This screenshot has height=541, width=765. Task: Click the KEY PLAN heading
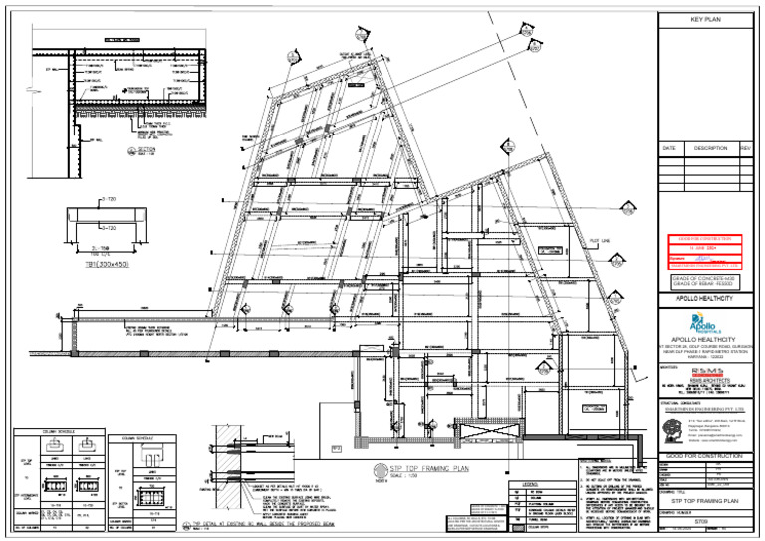[710, 19]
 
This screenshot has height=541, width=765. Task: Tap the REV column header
[745, 148]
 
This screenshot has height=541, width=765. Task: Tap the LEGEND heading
[525, 482]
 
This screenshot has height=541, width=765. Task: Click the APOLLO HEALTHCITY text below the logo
[710, 340]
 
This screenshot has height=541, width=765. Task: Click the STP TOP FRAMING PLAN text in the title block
[710, 503]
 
